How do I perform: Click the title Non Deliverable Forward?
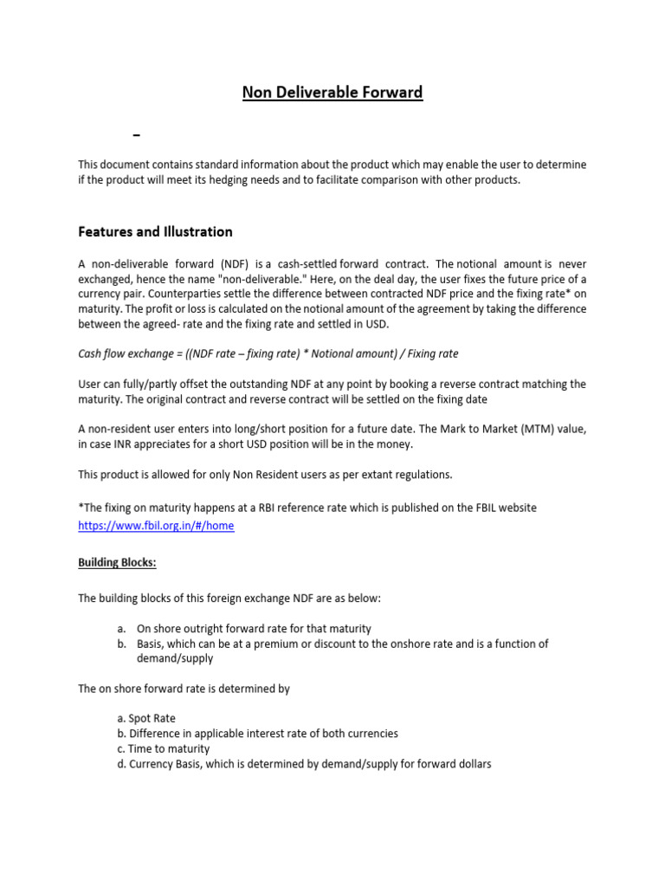click(332, 93)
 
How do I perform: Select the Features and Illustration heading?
click(155, 231)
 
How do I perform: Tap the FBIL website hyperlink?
click(156, 525)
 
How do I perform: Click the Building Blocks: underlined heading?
click(118, 562)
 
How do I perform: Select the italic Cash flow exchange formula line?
click(268, 353)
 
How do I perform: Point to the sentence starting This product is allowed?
click(265, 474)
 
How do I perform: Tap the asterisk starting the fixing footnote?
click(81, 506)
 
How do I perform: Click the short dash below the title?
click(136, 136)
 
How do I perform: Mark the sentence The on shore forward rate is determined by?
click(184, 689)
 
